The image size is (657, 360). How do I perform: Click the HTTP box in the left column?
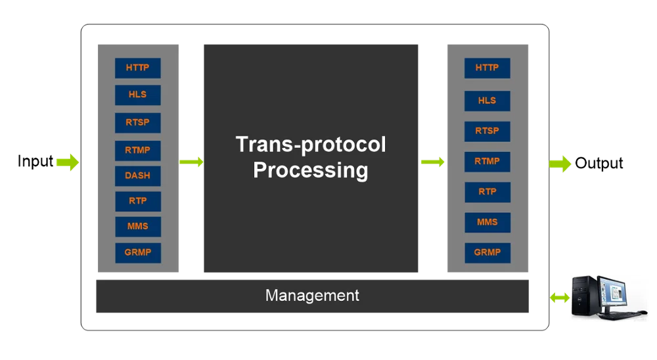pos(137,68)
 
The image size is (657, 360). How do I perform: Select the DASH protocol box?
pos(137,175)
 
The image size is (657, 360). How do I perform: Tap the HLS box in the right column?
pos(487,101)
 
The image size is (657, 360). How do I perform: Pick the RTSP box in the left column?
pos(137,122)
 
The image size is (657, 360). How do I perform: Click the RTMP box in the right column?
pos(487,161)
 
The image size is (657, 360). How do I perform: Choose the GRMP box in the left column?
pos(137,252)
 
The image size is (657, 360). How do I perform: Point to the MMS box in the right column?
pos(487,222)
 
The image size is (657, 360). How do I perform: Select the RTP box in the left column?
pos(137,201)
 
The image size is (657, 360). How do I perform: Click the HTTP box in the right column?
pos(487,68)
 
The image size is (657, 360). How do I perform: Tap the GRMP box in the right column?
pos(487,252)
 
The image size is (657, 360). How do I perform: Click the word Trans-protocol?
pos(310,145)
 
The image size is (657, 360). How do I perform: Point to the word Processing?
pos(310,170)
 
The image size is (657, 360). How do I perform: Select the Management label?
pos(312,296)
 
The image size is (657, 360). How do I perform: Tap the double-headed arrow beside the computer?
pos(559,298)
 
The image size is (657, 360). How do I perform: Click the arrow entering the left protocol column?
pos(66,162)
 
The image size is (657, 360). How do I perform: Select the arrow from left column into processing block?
pos(191,162)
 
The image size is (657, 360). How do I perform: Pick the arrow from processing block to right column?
pos(433,162)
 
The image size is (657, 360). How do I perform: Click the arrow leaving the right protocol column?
pos(560,164)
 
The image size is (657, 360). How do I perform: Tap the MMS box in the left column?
pos(137,226)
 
